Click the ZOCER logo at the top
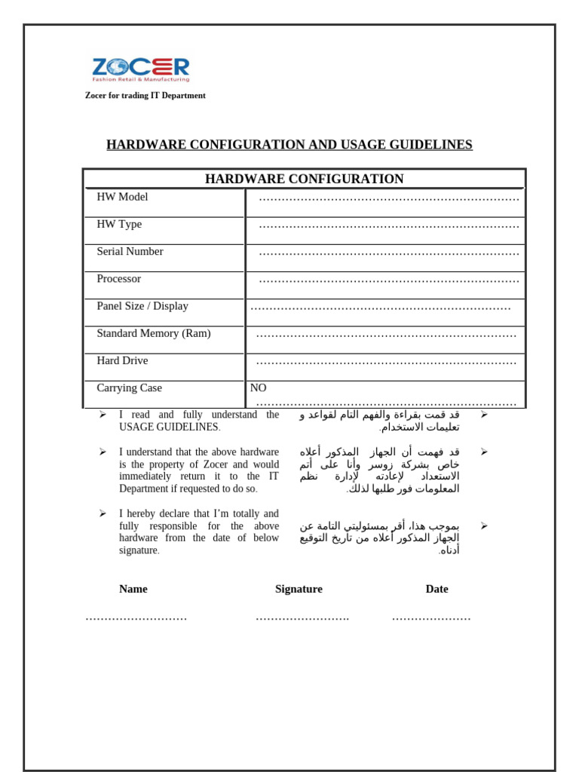[141, 69]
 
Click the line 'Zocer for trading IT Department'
[145, 96]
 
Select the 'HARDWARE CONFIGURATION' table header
[304, 179]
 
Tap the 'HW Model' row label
[122, 197]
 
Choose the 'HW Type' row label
[119, 224]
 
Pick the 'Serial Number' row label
[130, 251]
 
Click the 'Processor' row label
[118, 279]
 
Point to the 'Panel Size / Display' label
[142, 306]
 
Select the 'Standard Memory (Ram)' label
[153, 333]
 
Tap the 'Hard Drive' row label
[122, 360]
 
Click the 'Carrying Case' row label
[129, 388]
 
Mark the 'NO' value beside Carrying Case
[258, 388]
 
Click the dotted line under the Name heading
[136, 618]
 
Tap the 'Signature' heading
[299, 589]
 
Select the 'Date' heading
[437, 589]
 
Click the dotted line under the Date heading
[431, 618]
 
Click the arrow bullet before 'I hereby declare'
[103, 513]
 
